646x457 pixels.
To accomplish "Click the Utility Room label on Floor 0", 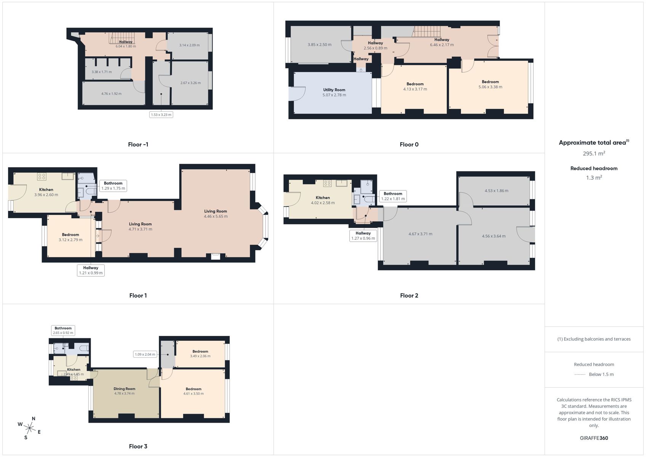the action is [334, 89].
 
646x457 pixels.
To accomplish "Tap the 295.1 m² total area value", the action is [594, 153].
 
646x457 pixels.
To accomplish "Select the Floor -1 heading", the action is [138, 144].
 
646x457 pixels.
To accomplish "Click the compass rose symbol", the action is [29, 428].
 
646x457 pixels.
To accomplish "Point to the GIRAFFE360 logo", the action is [594, 438].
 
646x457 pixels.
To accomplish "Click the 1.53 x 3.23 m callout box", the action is [161, 115].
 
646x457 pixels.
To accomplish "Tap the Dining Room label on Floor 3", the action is [124, 389].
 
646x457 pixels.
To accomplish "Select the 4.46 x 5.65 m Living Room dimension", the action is [216, 216].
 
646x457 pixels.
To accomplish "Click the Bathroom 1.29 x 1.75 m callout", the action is [113, 186].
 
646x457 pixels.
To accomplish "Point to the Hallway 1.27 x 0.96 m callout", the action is [363, 236].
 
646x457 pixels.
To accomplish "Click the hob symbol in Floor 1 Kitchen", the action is [42, 176].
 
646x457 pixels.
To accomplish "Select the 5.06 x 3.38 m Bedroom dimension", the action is [490, 87].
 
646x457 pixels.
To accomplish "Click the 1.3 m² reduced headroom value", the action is [594, 177].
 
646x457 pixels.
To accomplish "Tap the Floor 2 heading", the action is [409, 296].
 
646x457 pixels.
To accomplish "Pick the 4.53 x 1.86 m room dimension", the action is [496, 190].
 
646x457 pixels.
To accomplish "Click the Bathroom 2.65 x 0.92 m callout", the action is [63, 331].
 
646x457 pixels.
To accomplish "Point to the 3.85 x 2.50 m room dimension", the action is [319, 45].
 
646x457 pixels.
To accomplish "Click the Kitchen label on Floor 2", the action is [323, 198].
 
